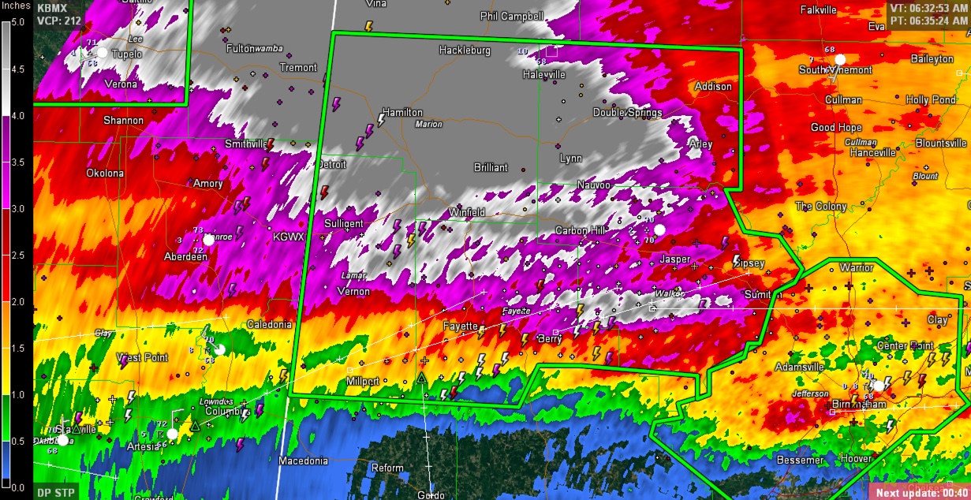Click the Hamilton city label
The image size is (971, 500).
pos(402,113)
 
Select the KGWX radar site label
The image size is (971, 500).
pos(288,237)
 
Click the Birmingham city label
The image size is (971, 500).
pos(858,405)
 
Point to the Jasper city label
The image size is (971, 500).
pos(674,259)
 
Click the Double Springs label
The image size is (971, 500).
pos(627,113)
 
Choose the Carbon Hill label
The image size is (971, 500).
pos(581,231)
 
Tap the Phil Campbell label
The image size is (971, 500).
pos(512,16)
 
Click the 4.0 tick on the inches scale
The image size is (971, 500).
pos(17,116)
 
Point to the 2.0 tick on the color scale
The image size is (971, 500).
pos(17,302)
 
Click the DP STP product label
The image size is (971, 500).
pos(54,492)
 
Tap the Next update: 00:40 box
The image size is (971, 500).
pos(920,493)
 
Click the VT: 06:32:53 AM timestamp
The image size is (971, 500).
pos(928,7)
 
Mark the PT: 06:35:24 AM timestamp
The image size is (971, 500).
pos(928,20)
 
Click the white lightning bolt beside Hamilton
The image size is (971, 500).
pos(382,120)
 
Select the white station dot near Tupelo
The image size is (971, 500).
pos(102,53)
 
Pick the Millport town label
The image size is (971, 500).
pos(364,382)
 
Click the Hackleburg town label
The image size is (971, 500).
pos(465,50)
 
